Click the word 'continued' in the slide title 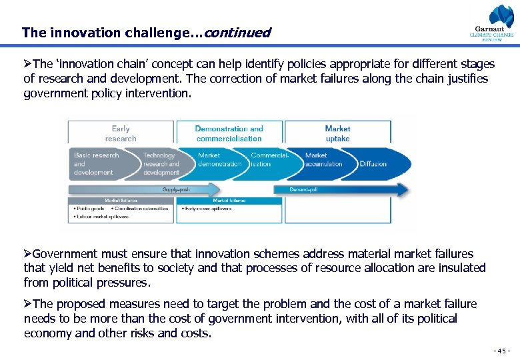237,32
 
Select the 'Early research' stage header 121,133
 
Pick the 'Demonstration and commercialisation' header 229,133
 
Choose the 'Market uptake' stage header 337,133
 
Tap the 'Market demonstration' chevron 219,160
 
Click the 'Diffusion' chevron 373,164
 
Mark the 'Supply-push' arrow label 176,189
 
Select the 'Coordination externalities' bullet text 144,208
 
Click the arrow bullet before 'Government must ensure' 27,254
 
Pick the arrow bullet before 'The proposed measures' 27,304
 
